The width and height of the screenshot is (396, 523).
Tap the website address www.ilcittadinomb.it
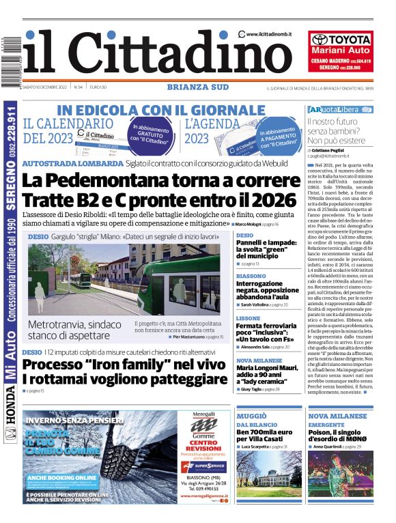coord(269,34)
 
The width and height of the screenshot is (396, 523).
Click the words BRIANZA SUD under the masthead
coord(197,87)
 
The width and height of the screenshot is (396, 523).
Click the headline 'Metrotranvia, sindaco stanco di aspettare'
coord(76,330)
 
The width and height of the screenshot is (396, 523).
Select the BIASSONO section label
coord(251,276)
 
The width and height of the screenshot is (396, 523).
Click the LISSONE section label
coord(248,319)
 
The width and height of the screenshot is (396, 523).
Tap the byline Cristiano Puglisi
coord(330,150)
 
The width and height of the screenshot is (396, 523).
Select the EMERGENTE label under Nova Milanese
coord(326,425)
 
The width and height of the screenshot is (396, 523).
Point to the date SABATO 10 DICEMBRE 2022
coord(44,87)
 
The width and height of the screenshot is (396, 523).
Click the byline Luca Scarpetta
coord(263,446)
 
